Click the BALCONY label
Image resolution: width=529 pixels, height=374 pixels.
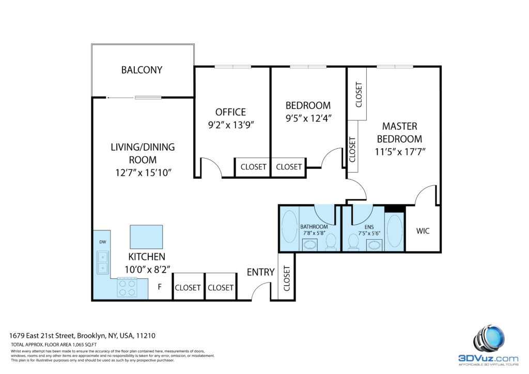142,70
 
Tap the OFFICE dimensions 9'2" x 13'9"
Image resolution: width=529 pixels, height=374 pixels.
231,125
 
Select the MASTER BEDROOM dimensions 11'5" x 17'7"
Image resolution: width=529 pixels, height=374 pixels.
400,152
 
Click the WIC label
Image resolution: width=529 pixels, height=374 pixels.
423,231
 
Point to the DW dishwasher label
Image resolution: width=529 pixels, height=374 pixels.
103,242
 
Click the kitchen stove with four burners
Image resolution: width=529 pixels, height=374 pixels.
127,287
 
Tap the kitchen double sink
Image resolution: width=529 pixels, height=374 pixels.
103,262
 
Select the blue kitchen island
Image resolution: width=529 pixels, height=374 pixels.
146,237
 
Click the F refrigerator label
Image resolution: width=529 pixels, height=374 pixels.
160,287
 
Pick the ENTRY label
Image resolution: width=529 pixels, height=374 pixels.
260,272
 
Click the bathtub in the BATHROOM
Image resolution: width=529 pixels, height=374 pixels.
289,227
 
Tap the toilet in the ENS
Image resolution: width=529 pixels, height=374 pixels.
353,242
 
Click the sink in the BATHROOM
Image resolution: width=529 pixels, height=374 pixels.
310,244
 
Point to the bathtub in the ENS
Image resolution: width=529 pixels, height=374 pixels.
394,231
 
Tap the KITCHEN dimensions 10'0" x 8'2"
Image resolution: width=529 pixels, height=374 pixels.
147,270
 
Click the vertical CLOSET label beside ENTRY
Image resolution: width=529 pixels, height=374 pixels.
287,278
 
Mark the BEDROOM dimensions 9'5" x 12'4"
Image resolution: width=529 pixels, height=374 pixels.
308,118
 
